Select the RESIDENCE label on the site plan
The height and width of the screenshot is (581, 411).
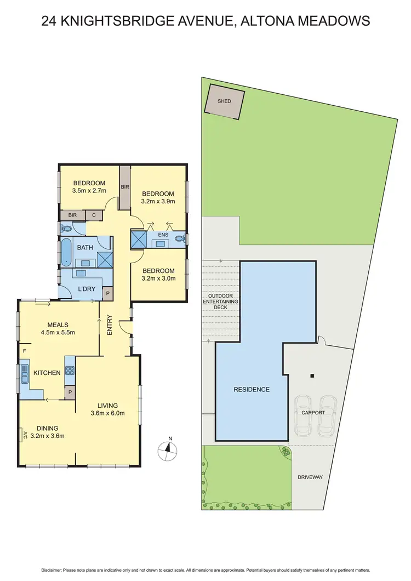(252, 390)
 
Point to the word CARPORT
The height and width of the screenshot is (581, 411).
(313, 413)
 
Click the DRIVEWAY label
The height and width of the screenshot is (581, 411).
(310, 477)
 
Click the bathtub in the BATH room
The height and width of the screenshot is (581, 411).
(65, 252)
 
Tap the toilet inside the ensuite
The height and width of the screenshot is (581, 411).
(180, 239)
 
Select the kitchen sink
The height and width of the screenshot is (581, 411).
(25, 374)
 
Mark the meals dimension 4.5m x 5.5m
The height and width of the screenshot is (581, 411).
(58, 332)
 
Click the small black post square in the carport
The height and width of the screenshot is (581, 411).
(312, 376)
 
